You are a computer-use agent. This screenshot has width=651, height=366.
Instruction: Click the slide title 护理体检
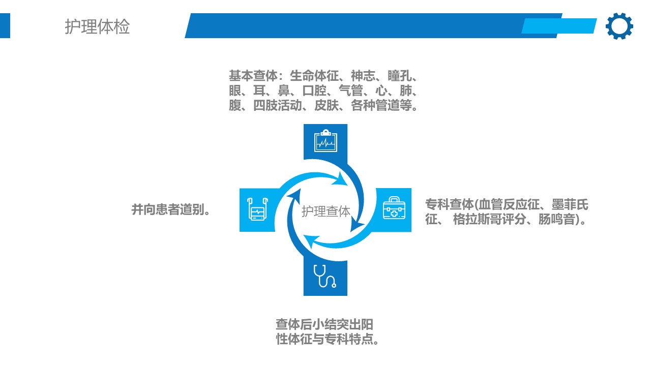point(97,26)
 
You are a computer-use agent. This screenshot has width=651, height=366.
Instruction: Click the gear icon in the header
point(619,26)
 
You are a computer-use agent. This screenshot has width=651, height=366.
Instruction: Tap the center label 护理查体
point(325,211)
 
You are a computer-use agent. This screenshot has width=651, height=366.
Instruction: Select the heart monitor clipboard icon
point(325,141)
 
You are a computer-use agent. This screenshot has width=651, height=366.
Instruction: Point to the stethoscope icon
point(325,277)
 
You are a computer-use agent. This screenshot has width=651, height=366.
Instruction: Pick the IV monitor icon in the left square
point(257,209)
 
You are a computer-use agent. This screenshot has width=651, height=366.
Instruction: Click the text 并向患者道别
point(171,209)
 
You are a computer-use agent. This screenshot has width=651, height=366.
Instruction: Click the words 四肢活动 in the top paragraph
point(277,107)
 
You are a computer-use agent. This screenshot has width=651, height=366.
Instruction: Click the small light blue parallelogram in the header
point(559,26)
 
